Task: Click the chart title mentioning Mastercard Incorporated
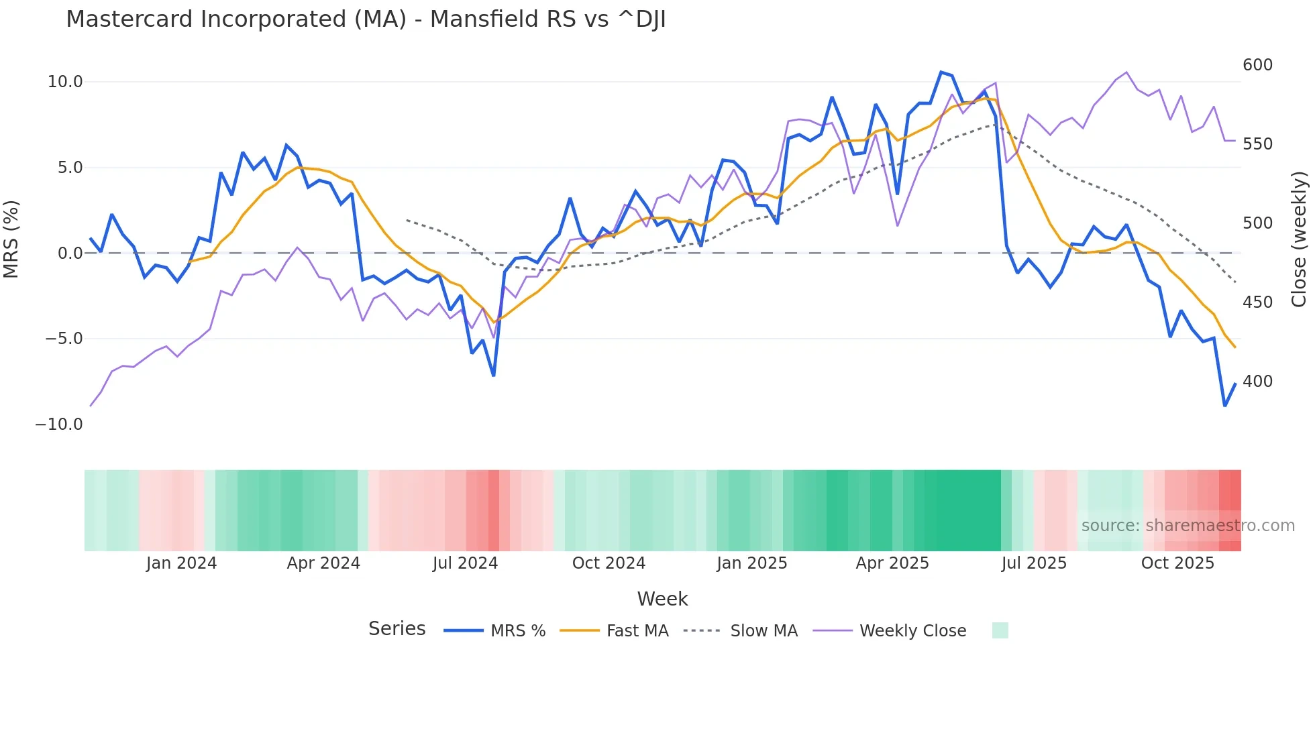[366, 19]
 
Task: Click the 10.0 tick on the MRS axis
[65, 82]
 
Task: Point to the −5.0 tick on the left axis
[64, 339]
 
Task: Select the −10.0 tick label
[59, 424]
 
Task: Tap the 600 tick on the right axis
[1257, 65]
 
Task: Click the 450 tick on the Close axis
[1257, 302]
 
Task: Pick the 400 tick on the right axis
[1257, 382]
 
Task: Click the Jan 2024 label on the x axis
[181, 563]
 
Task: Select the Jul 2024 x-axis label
[465, 563]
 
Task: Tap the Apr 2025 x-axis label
[892, 563]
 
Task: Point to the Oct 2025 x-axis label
[1177, 563]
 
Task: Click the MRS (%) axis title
[11, 239]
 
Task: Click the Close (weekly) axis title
[1300, 239]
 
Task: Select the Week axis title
[662, 599]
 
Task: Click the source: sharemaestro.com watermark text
[1188, 526]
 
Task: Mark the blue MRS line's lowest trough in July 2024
[494, 375]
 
